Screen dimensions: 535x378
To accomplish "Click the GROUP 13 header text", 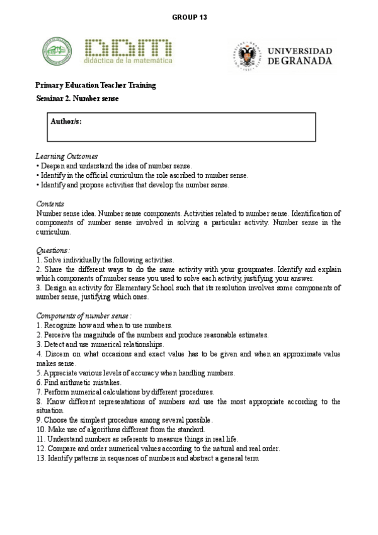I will pyautogui.click(x=189, y=17).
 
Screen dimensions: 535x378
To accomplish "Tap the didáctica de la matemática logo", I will pyautogui.click(x=129, y=51).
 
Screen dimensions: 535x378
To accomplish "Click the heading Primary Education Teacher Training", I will pyautogui.click(x=96, y=85).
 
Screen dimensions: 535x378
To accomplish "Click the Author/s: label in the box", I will pyautogui.click(x=66, y=121).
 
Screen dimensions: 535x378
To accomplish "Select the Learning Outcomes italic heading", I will pyautogui.click(x=66, y=156).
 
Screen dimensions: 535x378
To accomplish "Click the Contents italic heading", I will pyautogui.click(x=50, y=204).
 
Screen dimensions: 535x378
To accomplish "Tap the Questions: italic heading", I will pyautogui.click(x=53, y=250).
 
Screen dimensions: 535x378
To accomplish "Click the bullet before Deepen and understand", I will pyautogui.click(x=38, y=166).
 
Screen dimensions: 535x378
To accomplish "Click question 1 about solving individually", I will pyautogui.click(x=105, y=259).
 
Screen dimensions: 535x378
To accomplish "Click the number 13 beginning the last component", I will pyautogui.click(x=40, y=457).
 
